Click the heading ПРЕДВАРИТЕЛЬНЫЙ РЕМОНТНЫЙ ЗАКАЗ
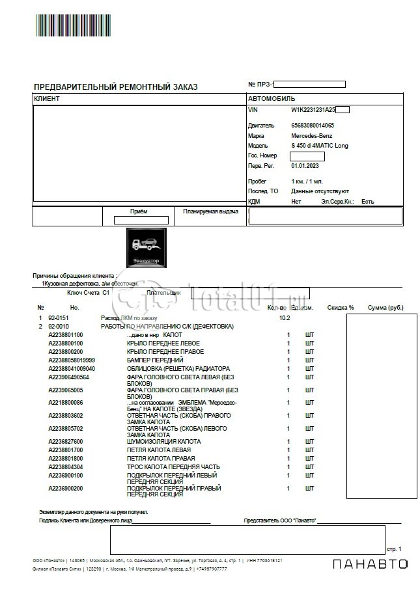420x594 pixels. click(115, 87)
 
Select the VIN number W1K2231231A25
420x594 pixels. click(313, 111)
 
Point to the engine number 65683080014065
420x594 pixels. click(313, 125)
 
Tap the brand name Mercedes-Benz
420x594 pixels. click(311, 135)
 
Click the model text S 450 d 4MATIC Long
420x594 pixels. click(319, 146)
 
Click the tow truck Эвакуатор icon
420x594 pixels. click(147, 248)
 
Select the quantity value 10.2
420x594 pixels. click(285, 317)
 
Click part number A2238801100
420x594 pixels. click(66, 334)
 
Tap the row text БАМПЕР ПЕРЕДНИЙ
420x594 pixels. click(155, 360)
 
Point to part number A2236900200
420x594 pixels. click(66, 488)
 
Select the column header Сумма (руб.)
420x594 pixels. click(386, 307)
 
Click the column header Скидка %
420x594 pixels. click(341, 307)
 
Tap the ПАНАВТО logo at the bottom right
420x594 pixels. click(370, 564)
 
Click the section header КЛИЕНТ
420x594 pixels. click(46, 99)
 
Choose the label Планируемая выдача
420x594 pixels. click(210, 211)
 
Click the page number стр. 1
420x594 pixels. click(395, 548)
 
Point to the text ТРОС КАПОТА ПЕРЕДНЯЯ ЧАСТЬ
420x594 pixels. click(173, 466)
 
